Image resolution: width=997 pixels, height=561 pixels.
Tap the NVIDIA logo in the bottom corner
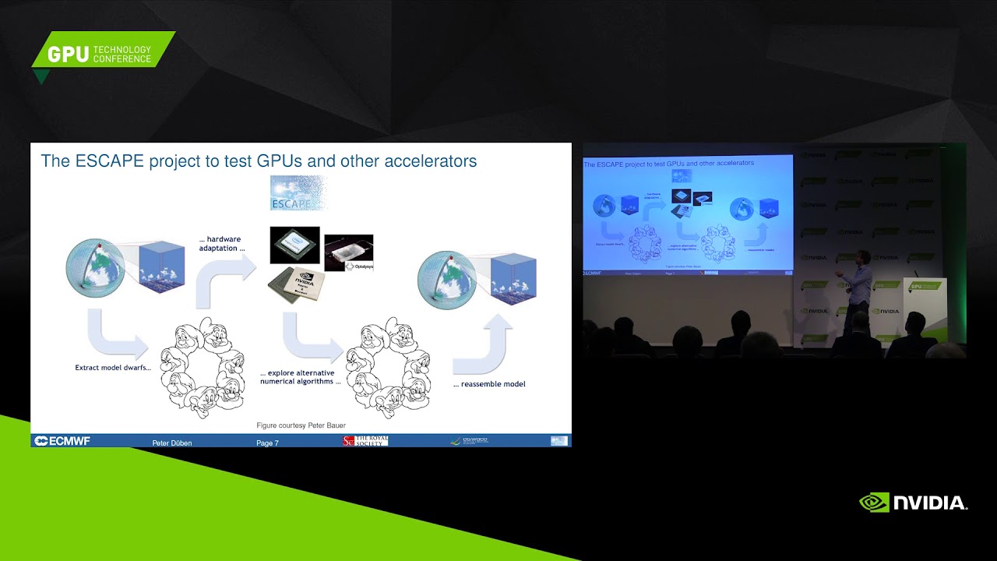point(913,503)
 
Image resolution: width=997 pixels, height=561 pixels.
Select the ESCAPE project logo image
point(297,193)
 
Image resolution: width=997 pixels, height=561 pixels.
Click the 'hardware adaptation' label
point(220,244)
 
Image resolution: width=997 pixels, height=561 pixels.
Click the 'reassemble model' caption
point(489,384)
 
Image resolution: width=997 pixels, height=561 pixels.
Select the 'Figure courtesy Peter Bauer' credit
point(301,425)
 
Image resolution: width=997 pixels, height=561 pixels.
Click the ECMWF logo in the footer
point(62,441)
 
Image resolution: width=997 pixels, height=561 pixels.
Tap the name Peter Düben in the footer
point(171,443)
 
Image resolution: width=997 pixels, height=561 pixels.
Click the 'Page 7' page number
point(267,443)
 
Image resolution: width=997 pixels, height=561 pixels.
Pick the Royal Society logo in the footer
point(365,441)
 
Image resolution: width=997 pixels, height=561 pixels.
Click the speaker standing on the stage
point(858,288)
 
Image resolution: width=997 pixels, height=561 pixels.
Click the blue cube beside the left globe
point(161,266)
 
